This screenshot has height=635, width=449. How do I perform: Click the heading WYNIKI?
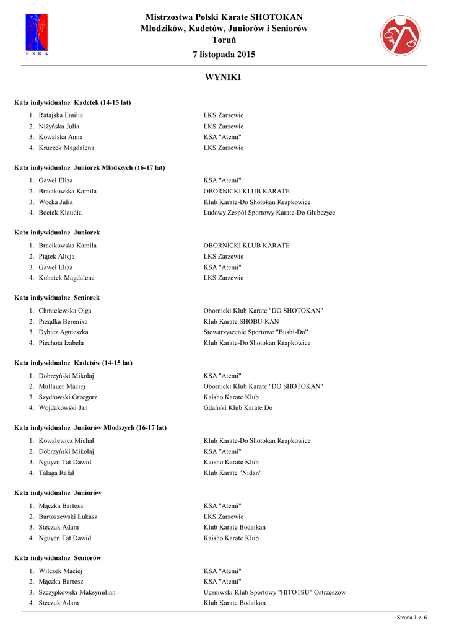(x=224, y=78)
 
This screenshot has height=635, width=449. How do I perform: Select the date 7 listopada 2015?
(x=224, y=55)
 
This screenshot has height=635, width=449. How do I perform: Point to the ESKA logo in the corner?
(x=37, y=35)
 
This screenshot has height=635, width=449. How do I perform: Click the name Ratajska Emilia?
(x=61, y=115)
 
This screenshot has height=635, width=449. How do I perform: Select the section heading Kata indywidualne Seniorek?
(x=57, y=298)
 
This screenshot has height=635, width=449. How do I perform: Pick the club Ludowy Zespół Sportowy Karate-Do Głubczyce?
(x=269, y=213)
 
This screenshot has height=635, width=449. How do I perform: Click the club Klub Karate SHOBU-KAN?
(x=242, y=321)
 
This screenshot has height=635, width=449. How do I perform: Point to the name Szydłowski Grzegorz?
(x=68, y=397)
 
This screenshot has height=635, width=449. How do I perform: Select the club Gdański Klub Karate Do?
(x=238, y=408)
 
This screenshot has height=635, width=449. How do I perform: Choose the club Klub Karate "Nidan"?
(x=233, y=473)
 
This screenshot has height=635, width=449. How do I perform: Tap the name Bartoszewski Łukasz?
(x=68, y=517)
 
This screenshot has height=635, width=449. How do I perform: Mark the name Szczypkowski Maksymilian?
(x=77, y=592)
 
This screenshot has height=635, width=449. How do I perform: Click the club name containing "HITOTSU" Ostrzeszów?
(x=274, y=592)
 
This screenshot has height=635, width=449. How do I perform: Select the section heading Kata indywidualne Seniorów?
(x=58, y=558)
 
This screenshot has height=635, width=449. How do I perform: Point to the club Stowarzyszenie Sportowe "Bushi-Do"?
(x=256, y=332)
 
